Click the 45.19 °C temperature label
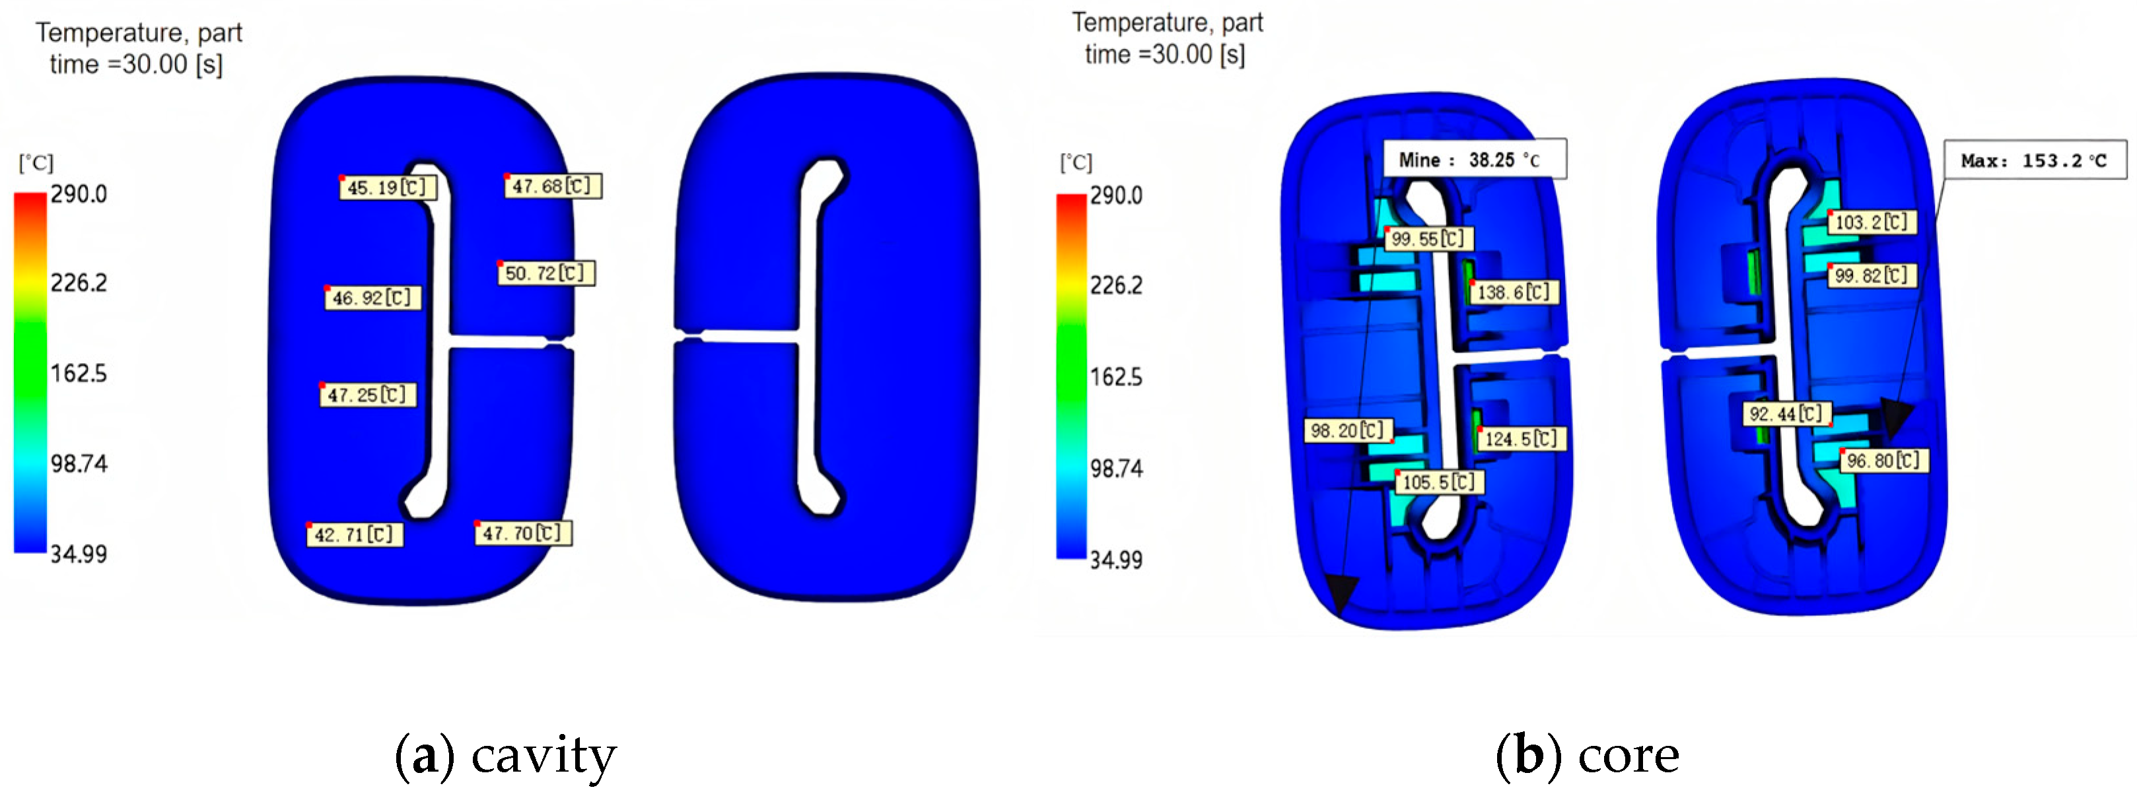click(x=388, y=187)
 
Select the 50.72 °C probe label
click(x=547, y=273)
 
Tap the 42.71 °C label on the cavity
click(x=356, y=534)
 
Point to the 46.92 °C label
click(x=373, y=297)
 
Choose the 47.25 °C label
click(x=368, y=394)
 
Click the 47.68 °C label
click(x=553, y=185)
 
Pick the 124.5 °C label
click(x=1522, y=439)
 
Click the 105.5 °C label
click(x=1440, y=482)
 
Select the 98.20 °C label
click(x=1348, y=430)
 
